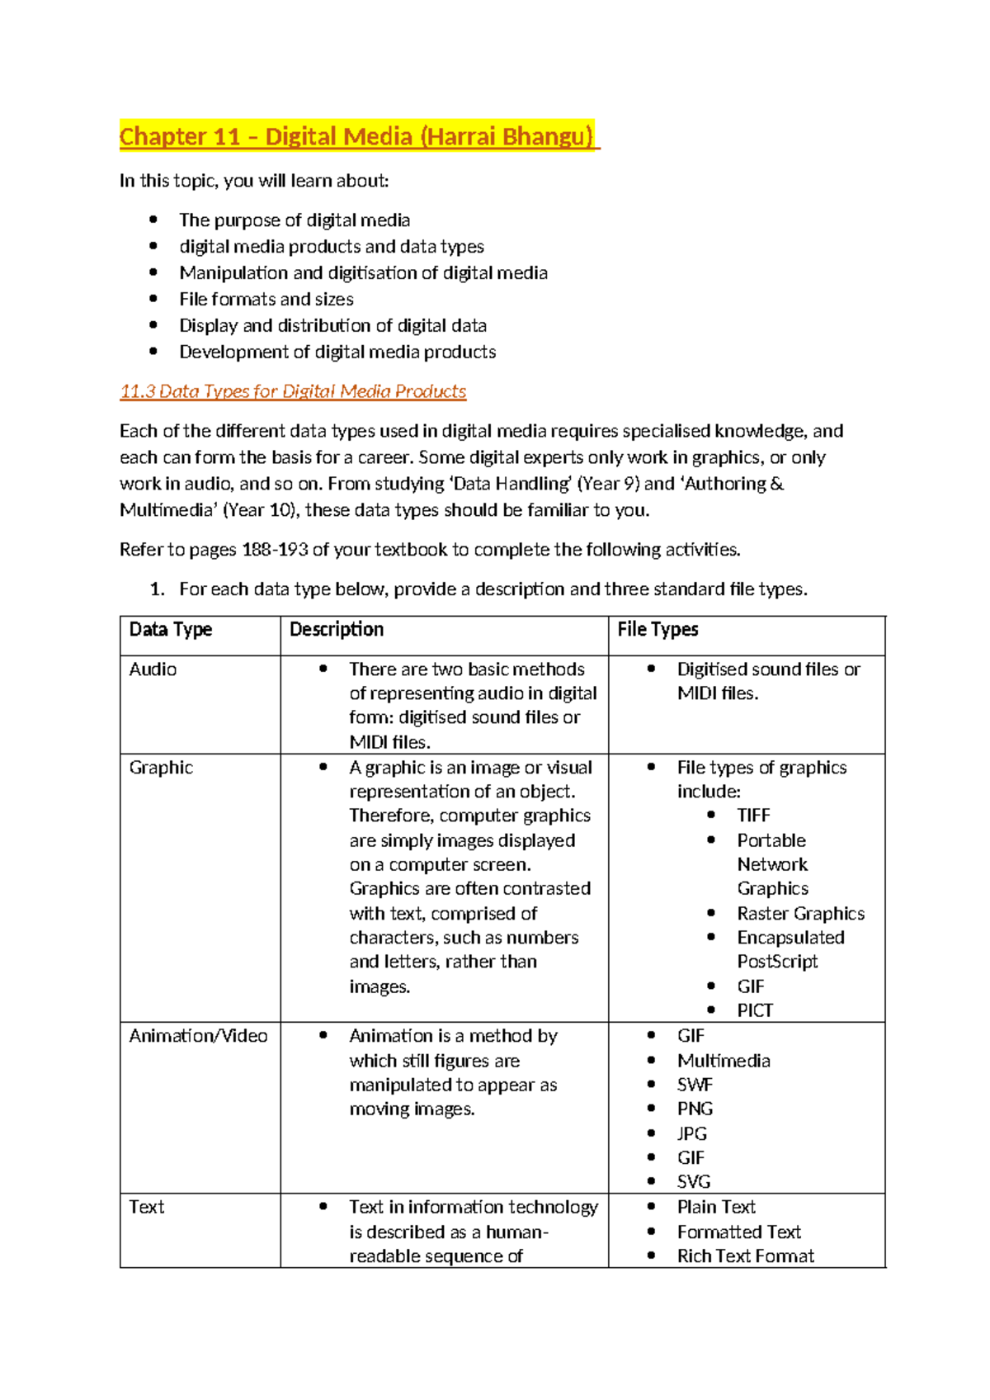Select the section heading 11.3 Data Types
pyautogui.click(x=293, y=391)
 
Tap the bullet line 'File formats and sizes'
pyautogui.click(x=266, y=299)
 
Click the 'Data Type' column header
pyautogui.click(x=171, y=629)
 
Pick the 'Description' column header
pyautogui.click(x=337, y=629)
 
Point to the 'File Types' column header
pyautogui.click(x=658, y=629)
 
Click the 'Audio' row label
pyautogui.click(x=153, y=669)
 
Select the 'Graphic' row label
pyautogui.click(x=161, y=767)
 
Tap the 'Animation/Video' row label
pyautogui.click(x=198, y=1035)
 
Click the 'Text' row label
pyautogui.click(x=147, y=1207)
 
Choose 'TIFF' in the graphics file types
pyautogui.click(x=753, y=816)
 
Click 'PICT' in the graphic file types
pyautogui.click(x=755, y=1010)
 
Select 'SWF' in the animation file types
pyautogui.click(x=695, y=1085)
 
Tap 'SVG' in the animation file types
pyautogui.click(x=694, y=1181)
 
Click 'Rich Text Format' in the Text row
pyautogui.click(x=745, y=1256)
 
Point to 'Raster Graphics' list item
pyautogui.click(x=800, y=913)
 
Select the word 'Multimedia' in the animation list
pyautogui.click(x=724, y=1061)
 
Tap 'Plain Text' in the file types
pyautogui.click(x=716, y=1207)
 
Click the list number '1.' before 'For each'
pyautogui.click(x=158, y=589)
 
